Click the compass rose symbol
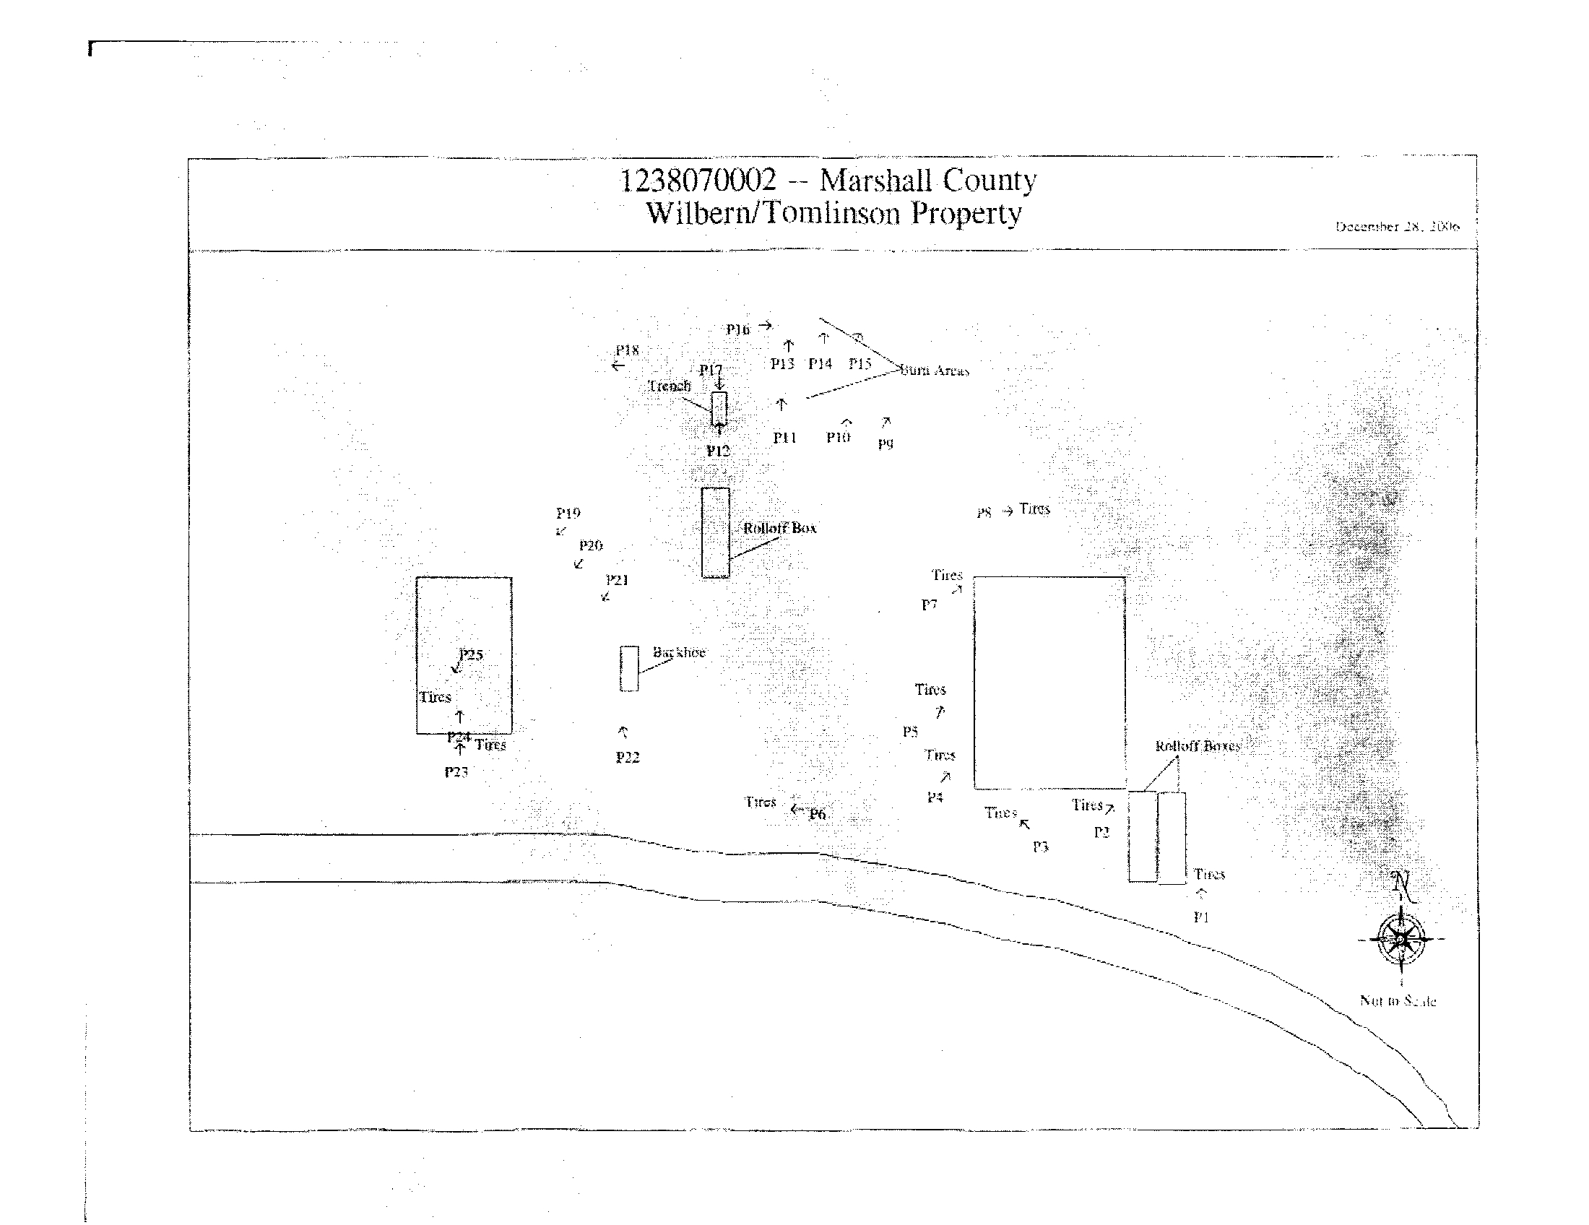tap(1400, 939)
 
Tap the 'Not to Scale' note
tap(1398, 1001)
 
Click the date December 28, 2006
tap(1397, 226)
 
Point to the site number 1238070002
tap(698, 180)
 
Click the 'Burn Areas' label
tap(935, 371)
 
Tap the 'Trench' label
tap(670, 386)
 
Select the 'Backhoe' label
tap(679, 652)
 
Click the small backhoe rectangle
tap(629, 668)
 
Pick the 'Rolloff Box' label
tap(780, 528)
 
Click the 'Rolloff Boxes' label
tap(1198, 746)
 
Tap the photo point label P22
tap(627, 757)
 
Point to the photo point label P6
tap(818, 814)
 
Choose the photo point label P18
tap(627, 350)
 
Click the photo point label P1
tap(1201, 917)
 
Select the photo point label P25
tap(471, 654)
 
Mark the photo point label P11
tap(784, 437)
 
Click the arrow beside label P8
tap(1008, 511)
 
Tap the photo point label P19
tap(568, 513)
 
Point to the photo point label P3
tap(1040, 847)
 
